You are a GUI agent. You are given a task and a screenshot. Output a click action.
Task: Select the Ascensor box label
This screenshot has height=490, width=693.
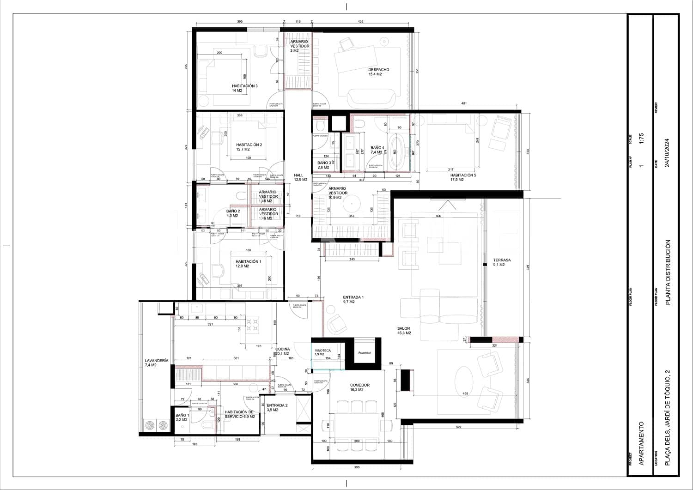[365, 352]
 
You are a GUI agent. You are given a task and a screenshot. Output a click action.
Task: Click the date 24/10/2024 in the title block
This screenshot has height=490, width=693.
[666, 153]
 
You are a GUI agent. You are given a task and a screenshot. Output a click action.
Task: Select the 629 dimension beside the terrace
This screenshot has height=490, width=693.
[529, 267]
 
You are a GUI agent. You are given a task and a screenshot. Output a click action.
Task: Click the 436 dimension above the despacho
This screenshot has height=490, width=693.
[360, 22]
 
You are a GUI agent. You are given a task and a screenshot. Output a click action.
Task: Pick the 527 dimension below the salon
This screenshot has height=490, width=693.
[458, 427]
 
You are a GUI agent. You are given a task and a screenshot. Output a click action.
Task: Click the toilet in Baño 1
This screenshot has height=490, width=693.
[206, 426]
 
